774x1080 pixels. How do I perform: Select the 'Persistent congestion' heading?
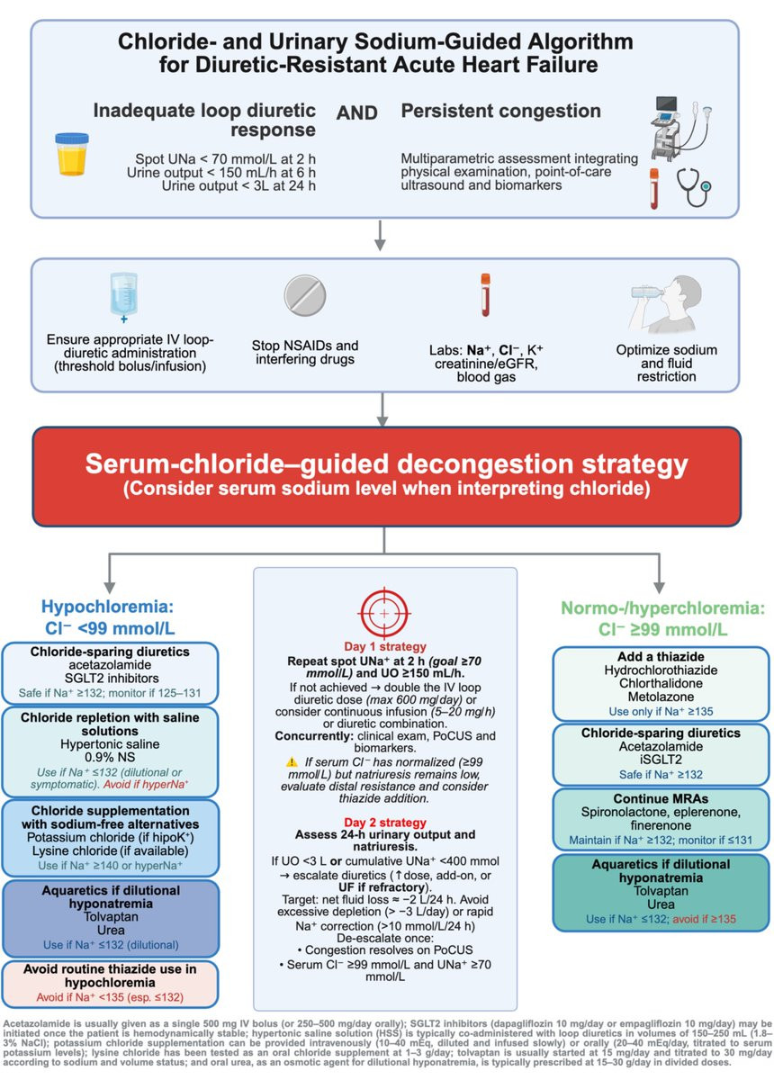coord(500,112)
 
